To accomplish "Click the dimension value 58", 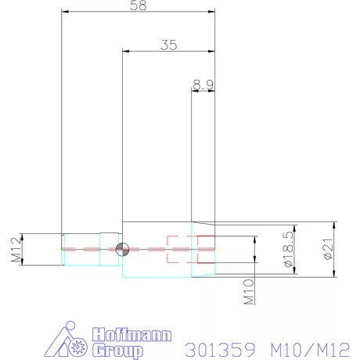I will tap(139, 5).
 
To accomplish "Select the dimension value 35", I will tap(168, 45).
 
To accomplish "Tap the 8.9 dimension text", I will tap(203, 83).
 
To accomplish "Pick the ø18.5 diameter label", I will tap(289, 249).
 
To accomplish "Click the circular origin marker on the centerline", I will tap(121, 249).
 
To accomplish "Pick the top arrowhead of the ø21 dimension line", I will tap(334, 224).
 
